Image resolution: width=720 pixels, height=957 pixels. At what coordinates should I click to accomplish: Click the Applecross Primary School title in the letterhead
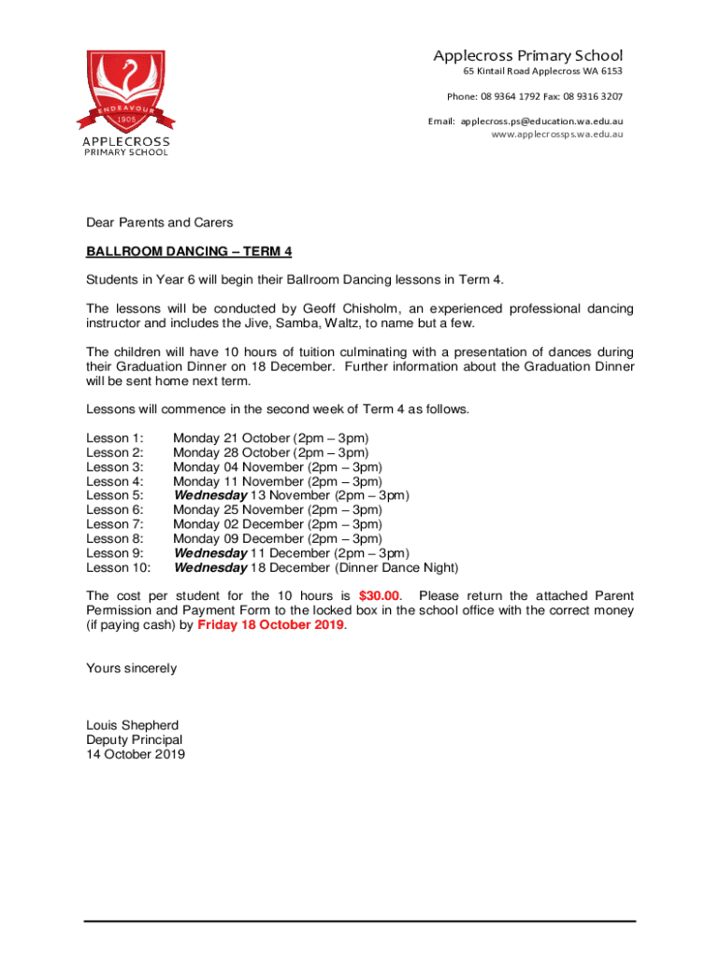tap(527, 56)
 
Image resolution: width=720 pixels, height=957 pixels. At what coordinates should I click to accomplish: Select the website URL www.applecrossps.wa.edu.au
tap(556, 135)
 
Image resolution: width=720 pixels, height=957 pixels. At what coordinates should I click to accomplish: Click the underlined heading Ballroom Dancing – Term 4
tap(189, 251)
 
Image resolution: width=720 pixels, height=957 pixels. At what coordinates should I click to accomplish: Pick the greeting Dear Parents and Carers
tap(159, 222)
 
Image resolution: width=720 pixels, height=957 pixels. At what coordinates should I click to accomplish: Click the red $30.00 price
tap(380, 595)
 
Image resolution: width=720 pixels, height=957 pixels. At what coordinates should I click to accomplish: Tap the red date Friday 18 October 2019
tap(271, 625)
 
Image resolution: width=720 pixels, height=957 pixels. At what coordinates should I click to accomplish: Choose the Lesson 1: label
tap(114, 437)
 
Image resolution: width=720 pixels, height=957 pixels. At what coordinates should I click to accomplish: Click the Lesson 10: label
tap(118, 567)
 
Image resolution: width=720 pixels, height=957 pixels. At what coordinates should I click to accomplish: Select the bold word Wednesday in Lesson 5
tap(210, 495)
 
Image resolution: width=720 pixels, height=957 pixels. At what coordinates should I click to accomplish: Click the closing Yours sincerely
tap(131, 668)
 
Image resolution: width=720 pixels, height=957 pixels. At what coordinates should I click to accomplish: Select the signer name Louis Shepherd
tap(132, 725)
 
